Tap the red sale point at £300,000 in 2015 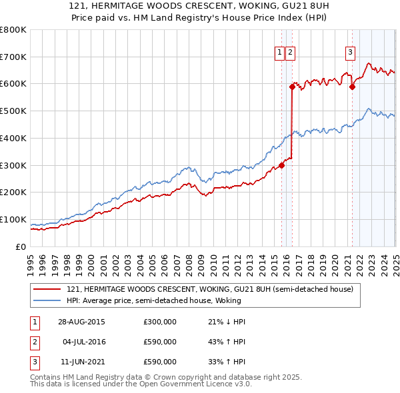point(282,165)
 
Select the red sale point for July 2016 point(292,86)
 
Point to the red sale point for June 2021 point(353,86)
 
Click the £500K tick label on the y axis point(13,111)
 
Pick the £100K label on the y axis point(13,219)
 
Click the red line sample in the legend point(47,290)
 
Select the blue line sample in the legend point(47,300)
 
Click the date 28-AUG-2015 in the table point(82,322)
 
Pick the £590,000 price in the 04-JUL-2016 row point(160,342)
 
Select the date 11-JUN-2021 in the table point(82,362)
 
